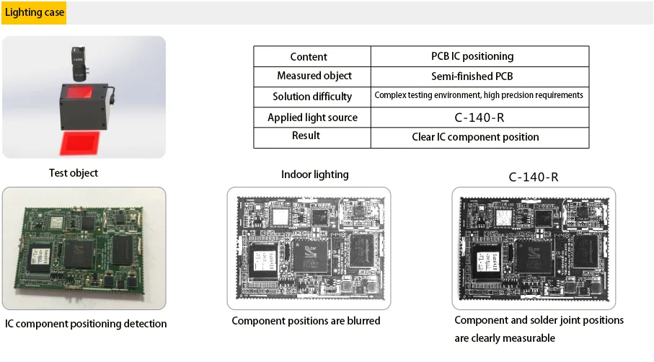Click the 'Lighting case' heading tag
(35, 12)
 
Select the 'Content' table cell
(309, 57)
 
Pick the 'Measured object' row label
(314, 76)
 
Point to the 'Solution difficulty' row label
(312, 97)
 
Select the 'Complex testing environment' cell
(479, 95)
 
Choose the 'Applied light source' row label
(312, 118)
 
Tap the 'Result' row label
(306, 136)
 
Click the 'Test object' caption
(74, 173)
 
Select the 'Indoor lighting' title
(314, 175)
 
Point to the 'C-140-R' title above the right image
(534, 177)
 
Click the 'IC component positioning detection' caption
(86, 324)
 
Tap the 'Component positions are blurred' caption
(306, 321)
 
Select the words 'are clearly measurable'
(505, 338)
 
